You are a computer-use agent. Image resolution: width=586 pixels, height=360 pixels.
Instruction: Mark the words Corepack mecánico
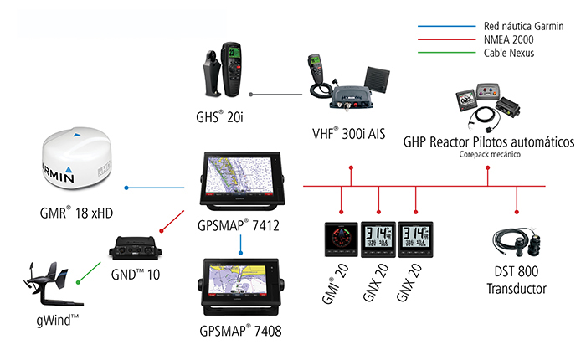tap(489, 154)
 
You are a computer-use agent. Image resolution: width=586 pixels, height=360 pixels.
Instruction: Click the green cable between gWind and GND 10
tap(90, 270)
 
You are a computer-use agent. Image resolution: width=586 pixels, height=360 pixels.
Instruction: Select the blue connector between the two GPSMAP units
tap(241, 242)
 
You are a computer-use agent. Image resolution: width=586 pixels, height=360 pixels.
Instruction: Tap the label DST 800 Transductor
tap(517, 282)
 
